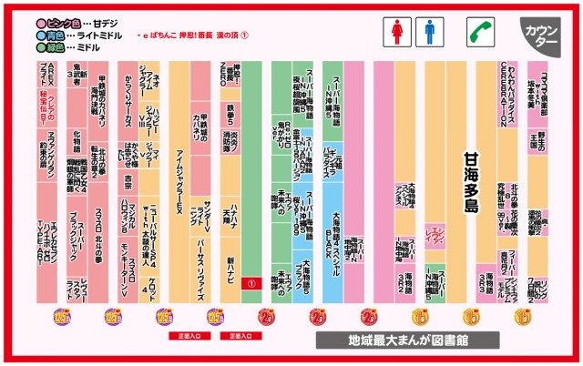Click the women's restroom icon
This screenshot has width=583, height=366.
coord(397,33)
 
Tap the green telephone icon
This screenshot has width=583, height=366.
coord(478,33)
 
